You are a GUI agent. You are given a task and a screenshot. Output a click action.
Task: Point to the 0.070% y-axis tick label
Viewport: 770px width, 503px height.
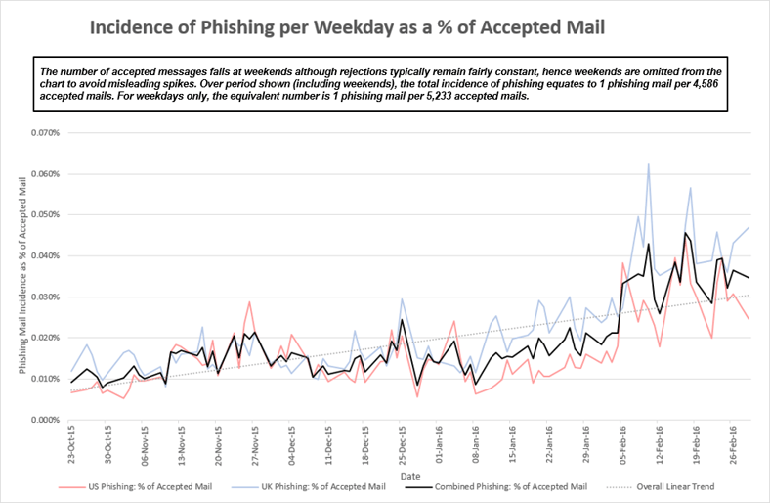tap(44, 132)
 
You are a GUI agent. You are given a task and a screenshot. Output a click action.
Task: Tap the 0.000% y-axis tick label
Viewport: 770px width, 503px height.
tap(44, 420)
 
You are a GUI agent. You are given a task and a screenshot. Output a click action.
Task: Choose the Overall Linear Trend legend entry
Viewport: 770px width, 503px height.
tap(684, 485)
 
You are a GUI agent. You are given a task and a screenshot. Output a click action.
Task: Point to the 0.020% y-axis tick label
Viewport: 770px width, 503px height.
tap(44, 338)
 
